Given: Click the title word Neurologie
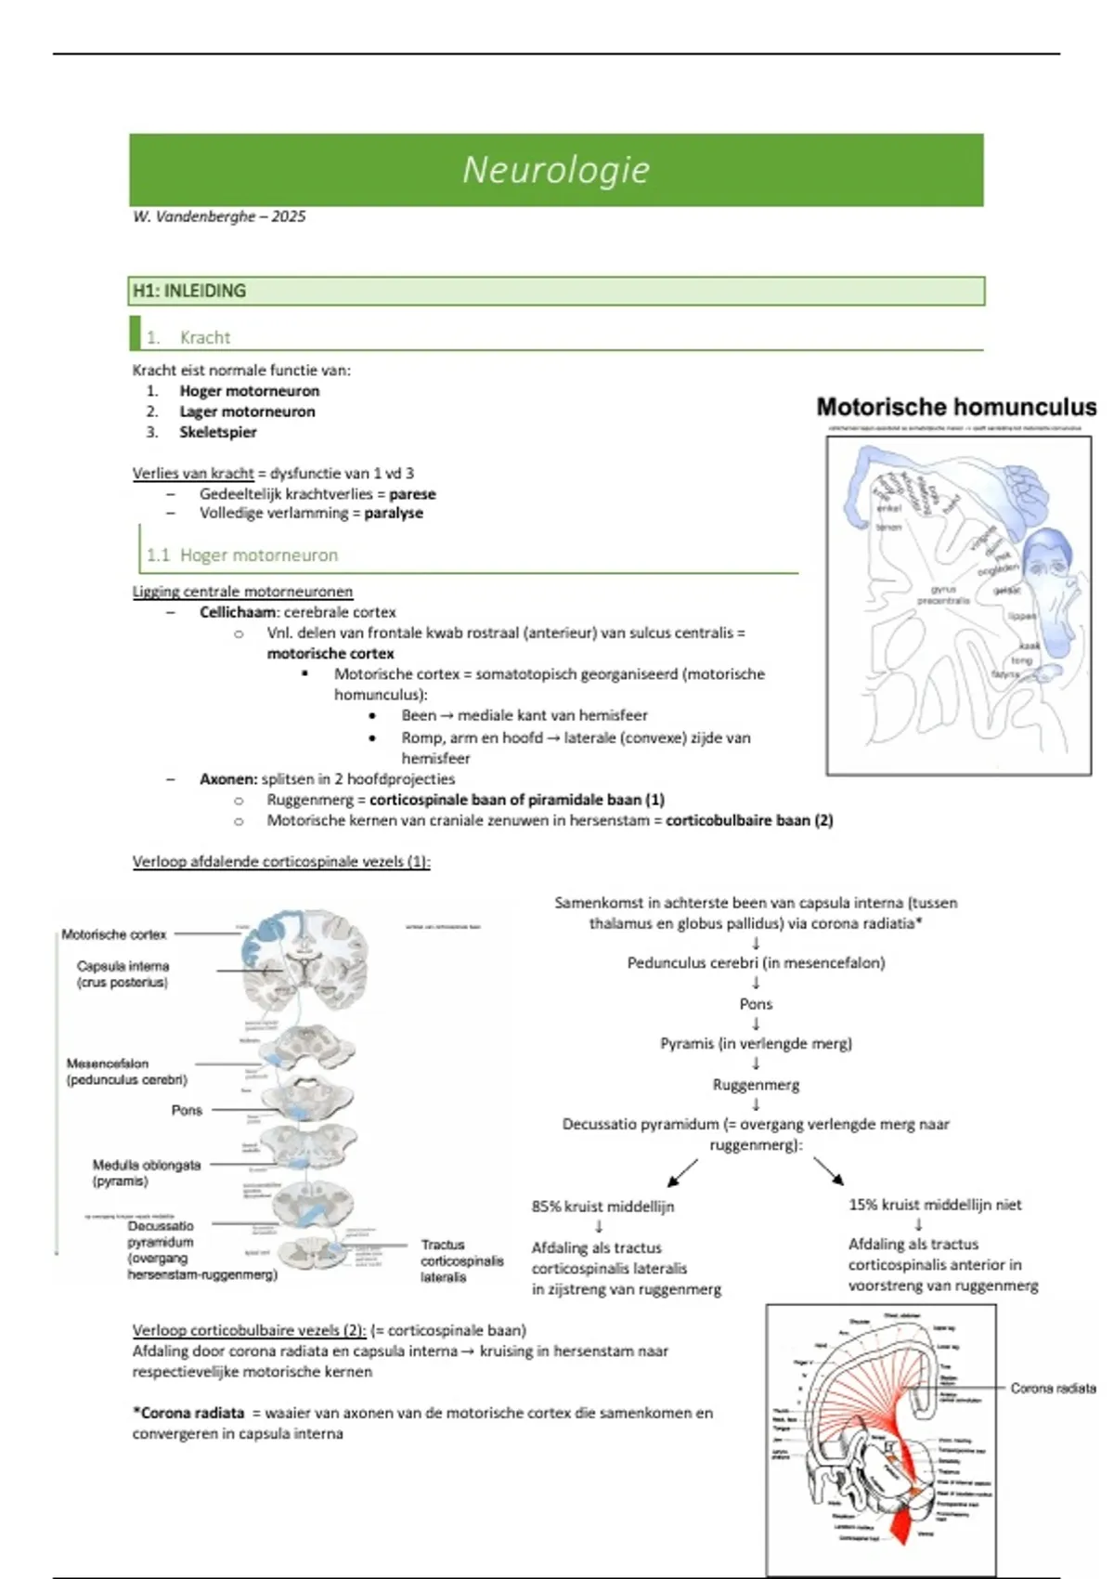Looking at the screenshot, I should [556, 170].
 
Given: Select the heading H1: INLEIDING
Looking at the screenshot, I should [189, 291].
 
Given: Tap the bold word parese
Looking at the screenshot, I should [412, 494].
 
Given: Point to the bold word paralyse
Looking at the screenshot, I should [394, 513].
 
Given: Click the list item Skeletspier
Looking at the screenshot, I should [218, 432].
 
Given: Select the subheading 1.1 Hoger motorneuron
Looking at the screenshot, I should [242, 555].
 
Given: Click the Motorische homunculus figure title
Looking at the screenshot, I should [956, 407].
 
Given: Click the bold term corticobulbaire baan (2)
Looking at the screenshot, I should [749, 820].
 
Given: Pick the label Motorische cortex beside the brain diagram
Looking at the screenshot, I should [114, 934].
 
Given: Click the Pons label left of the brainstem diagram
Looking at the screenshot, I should [187, 1110].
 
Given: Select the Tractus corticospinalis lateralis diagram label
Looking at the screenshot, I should [461, 1260].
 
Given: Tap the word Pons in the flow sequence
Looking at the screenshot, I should [756, 1004].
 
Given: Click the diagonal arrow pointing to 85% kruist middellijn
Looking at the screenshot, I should [682, 1172].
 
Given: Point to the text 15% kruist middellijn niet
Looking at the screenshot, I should [935, 1205].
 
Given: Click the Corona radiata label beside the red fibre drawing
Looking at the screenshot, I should [1053, 1389].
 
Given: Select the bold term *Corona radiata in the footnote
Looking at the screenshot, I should [188, 1413].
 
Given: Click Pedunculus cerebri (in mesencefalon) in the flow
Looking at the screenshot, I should [756, 963].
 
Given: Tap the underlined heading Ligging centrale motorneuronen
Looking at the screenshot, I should [242, 592].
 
